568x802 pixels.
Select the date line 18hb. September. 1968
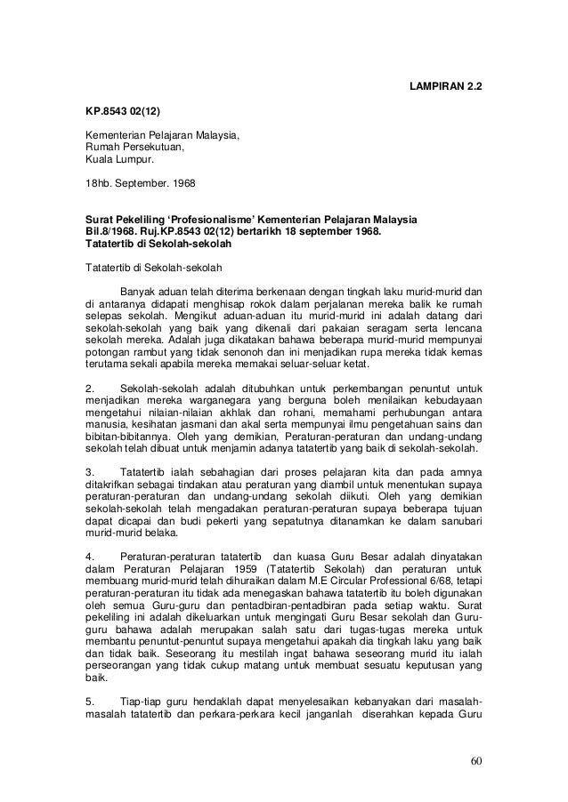click(130, 184)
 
